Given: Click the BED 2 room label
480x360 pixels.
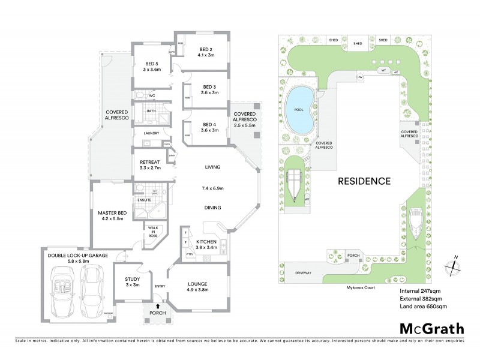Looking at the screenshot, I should [205, 49].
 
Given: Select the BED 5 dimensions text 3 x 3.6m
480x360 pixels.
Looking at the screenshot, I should [151, 70].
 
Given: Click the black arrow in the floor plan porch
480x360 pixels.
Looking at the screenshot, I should [157, 307].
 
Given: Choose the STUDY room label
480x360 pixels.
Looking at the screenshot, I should [132, 279].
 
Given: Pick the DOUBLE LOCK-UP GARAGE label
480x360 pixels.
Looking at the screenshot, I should [78, 256].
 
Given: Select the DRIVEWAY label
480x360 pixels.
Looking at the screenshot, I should [303, 273].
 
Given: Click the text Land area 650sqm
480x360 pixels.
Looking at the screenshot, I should [423, 307].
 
